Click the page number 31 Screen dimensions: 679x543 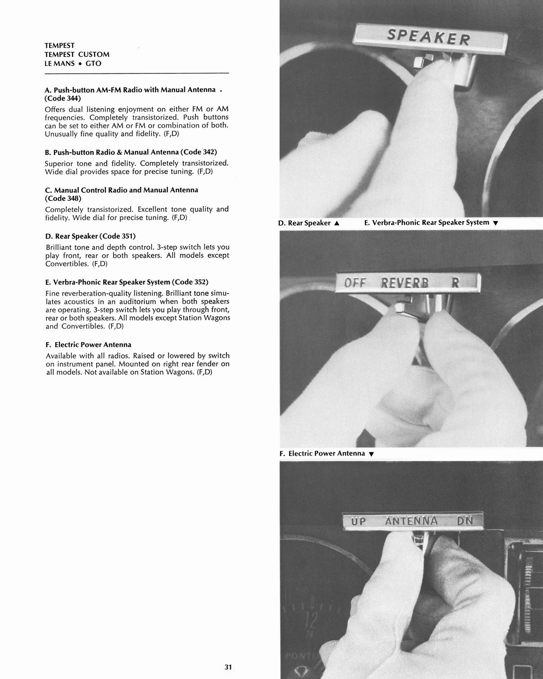point(228,667)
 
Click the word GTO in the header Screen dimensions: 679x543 point(93,63)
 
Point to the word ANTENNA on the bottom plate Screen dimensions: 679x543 point(411,521)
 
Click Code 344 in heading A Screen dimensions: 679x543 point(62,98)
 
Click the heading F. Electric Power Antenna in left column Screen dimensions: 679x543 point(88,345)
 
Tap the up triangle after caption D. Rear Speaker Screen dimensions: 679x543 point(336,223)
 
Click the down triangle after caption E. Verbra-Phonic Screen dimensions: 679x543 point(495,223)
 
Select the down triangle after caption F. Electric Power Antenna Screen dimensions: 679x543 point(371,454)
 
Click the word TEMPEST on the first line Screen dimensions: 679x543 point(59,45)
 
